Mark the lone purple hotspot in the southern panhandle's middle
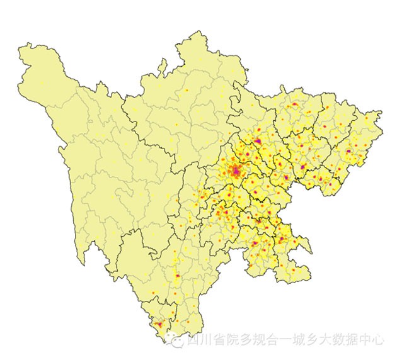[178, 276]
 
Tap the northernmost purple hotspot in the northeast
[294, 104]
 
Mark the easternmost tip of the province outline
[381, 113]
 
